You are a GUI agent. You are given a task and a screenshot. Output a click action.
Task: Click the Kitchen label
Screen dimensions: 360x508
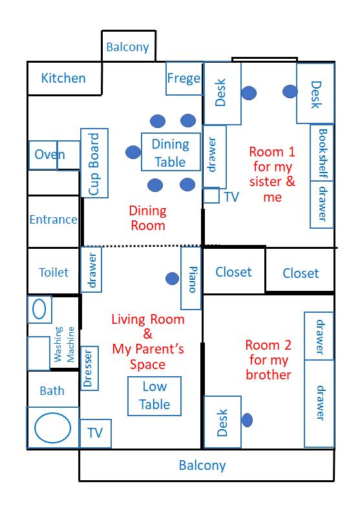63,78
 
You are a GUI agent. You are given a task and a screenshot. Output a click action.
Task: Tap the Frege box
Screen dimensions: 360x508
184,78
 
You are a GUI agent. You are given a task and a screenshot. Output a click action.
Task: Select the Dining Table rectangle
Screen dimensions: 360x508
171,152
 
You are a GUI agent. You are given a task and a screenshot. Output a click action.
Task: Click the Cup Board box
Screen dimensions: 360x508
94,163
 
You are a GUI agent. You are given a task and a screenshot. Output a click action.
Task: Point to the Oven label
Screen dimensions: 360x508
50,154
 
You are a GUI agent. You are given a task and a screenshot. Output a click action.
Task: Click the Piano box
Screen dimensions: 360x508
191,279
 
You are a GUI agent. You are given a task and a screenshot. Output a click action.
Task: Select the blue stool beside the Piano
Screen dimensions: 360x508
172,279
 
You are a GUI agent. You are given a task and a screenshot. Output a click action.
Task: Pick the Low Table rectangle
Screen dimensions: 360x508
154,396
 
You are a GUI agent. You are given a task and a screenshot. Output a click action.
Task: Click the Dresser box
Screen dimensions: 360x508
89,368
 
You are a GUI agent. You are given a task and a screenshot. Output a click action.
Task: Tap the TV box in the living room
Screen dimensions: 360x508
95,434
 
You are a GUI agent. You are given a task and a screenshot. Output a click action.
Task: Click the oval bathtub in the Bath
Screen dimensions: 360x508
52,428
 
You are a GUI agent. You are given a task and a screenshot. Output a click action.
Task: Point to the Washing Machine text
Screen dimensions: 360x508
64,344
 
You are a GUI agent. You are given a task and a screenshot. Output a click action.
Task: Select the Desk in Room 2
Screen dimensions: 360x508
222,422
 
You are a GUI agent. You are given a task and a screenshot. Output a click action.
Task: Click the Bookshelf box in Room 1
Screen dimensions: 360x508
322,153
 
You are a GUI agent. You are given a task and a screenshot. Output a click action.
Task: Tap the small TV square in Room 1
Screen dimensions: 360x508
211,196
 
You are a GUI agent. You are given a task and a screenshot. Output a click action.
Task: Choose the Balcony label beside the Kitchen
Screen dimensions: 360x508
128,47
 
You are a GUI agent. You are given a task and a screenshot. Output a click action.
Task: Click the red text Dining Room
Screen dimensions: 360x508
148,218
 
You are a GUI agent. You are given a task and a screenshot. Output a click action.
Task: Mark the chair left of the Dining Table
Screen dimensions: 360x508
133,152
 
